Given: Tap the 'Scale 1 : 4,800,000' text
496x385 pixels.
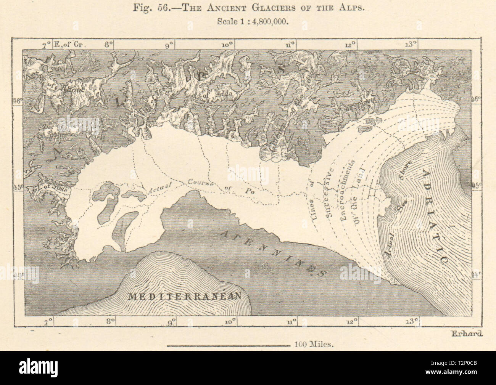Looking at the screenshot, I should (x=248, y=21).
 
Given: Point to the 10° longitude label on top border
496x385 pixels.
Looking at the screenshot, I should (x=228, y=45).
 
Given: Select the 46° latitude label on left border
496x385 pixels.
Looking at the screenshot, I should (x=18, y=101).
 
